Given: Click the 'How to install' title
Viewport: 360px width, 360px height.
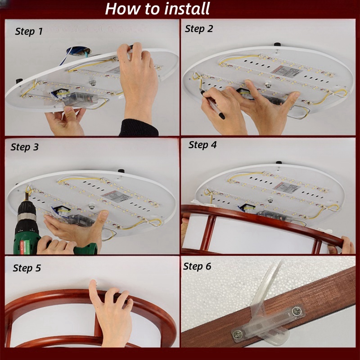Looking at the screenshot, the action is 157,9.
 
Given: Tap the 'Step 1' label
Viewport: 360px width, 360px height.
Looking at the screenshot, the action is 29,31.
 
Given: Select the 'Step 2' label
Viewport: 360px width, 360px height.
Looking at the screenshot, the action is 199,29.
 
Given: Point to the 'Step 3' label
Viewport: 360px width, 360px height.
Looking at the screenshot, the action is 25,147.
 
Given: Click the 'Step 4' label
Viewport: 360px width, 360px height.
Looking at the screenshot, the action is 202,145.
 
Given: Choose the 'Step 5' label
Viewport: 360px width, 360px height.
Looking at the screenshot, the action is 27,268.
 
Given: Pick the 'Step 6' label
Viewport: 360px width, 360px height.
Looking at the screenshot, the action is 197,266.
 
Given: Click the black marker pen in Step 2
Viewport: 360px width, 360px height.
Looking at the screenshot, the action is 212,104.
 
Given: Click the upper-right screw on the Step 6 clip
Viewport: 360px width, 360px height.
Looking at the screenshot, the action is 297,311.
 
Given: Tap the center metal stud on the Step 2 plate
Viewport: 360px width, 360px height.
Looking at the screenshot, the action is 268,85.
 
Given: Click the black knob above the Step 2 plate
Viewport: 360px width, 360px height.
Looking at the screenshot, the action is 277,44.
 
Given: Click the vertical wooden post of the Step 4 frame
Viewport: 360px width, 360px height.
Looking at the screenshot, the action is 208,233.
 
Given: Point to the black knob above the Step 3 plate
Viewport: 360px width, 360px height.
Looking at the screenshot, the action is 121,171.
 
